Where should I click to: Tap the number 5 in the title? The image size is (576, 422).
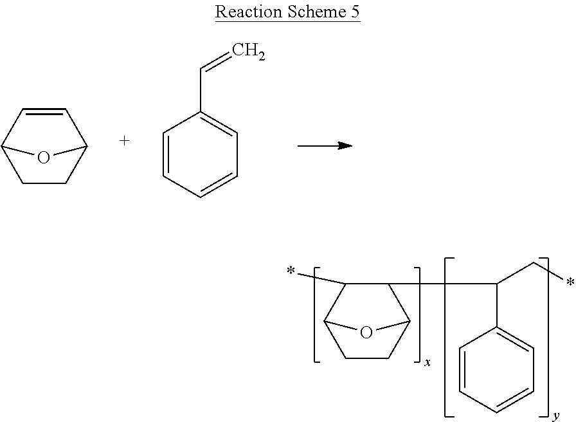(x=355, y=12)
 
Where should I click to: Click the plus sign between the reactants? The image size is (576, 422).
(x=125, y=141)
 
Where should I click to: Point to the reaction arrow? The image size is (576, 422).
(x=325, y=146)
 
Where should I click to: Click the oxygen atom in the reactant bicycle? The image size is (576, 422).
(x=43, y=158)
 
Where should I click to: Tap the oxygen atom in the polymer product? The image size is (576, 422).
(x=366, y=333)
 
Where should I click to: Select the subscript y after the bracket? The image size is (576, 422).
(x=555, y=415)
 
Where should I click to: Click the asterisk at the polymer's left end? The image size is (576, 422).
(x=291, y=272)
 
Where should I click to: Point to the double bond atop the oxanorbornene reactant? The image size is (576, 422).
(x=44, y=113)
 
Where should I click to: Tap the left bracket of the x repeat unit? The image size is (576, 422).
(x=316, y=315)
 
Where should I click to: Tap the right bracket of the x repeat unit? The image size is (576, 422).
(x=419, y=315)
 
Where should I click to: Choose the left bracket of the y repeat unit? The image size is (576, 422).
(x=447, y=337)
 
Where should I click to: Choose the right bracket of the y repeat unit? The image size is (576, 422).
(x=548, y=337)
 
